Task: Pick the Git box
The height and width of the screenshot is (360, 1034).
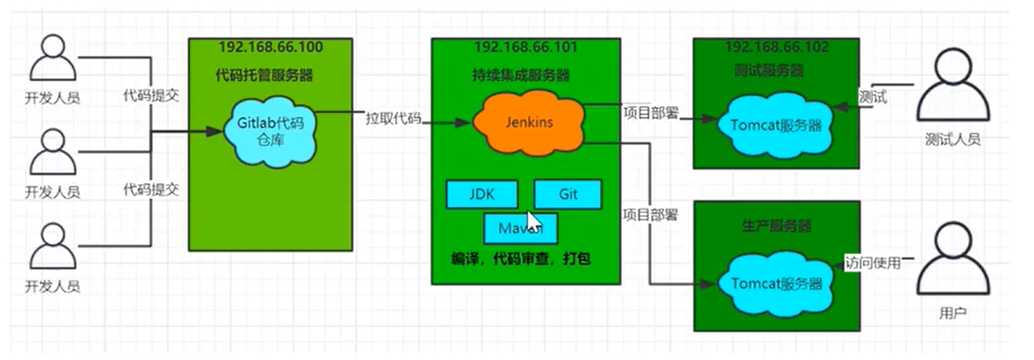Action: [567, 194]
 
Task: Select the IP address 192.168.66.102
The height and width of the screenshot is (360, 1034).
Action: [777, 47]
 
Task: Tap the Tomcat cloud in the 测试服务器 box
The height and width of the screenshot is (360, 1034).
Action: [777, 125]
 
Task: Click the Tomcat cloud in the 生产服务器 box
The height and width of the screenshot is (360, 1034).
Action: [776, 284]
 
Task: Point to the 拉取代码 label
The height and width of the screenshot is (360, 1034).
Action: [394, 119]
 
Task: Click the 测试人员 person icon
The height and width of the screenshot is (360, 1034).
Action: [952, 89]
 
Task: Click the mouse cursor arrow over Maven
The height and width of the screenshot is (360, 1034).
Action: [533, 220]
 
